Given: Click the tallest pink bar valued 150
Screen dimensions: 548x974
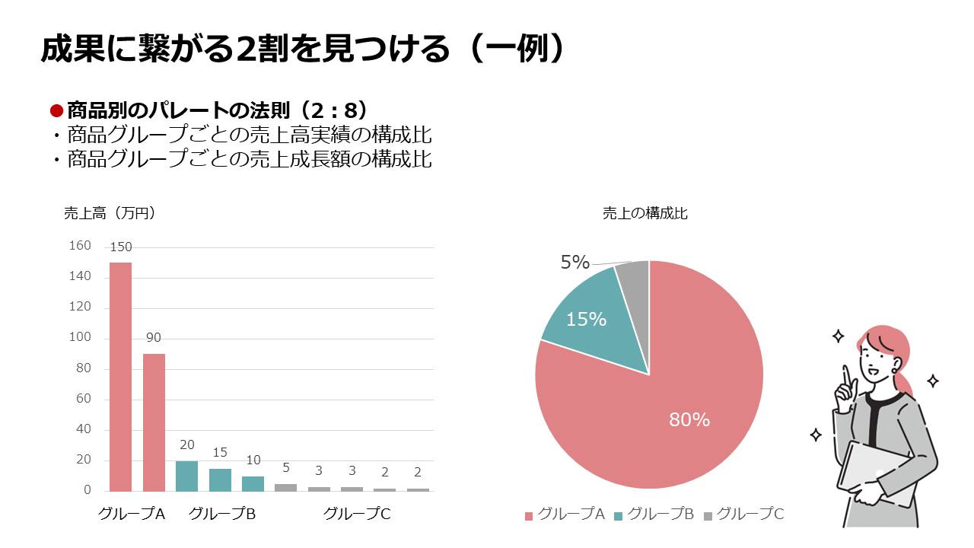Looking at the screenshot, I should coord(120,377).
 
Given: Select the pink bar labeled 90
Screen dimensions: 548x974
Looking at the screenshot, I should coord(154,422).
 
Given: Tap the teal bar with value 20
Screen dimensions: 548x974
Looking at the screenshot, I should coord(186,476).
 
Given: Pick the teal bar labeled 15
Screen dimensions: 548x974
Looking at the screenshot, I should coord(220,479).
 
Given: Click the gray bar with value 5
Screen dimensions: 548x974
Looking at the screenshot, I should coord(285,487).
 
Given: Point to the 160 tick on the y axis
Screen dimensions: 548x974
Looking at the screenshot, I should coord(80,246).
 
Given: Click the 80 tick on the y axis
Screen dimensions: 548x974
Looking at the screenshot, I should coord(83,368).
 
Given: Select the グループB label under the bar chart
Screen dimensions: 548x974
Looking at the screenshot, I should coord(221,514).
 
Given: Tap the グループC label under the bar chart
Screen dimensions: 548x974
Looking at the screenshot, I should coord(357,514).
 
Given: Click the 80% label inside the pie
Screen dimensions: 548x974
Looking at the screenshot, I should coord(689,419).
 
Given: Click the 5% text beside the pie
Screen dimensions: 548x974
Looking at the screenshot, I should coord(575,263).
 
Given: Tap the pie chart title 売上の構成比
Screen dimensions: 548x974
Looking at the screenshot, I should coord(645,213).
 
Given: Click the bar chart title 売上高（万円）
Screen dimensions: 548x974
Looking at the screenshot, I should coord(110,213).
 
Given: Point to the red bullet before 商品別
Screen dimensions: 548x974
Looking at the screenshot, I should coord(56,110).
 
